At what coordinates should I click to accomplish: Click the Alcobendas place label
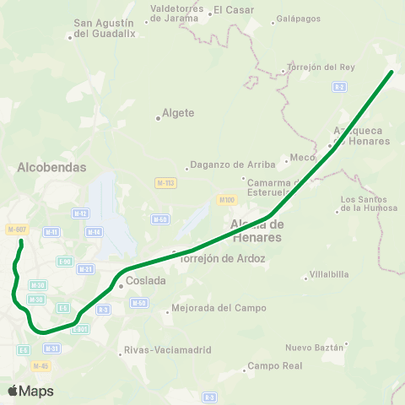(x=51, y=167)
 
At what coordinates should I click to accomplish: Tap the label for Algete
(x=179, y=113)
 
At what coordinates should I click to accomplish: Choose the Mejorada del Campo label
(x=206, y=308)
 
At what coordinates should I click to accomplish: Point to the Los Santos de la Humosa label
(x=368, y=203)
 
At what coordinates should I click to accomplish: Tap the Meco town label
(x=300, y=157)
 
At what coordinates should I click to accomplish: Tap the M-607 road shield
(x=16, y=229)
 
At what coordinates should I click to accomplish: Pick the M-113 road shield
(x=165, y=183)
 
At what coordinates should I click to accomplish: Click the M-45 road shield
(x=41, y=365)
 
